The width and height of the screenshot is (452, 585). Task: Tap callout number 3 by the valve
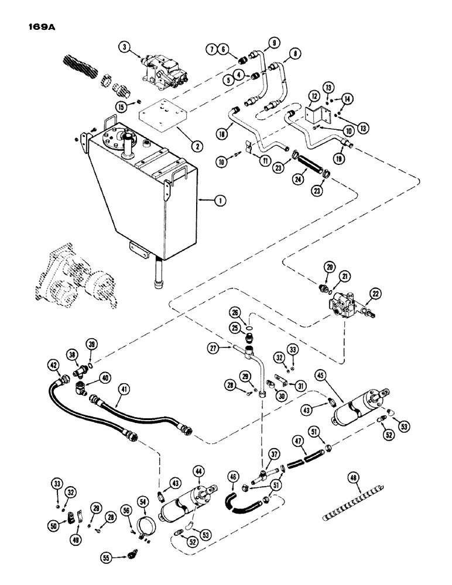pyautogui.click(x=123, y=49)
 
